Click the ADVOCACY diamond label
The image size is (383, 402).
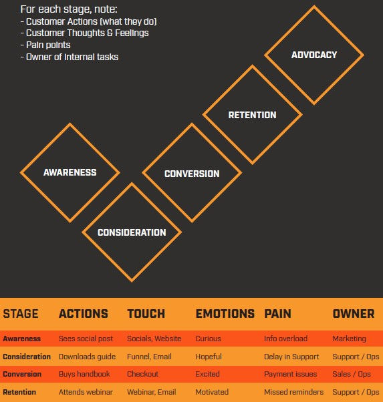point(314,55)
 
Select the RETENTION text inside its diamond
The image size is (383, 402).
point(253,115)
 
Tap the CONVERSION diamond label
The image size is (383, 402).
point(192,174)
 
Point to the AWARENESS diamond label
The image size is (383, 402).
point(70,172)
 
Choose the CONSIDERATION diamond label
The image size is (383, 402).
point(132,232)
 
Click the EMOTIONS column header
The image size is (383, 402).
point(225,314)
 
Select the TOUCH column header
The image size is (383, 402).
point(146,314)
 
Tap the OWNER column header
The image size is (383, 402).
point(354,314)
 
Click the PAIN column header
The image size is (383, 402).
point(278,314)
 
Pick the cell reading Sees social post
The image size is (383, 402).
point(86,339)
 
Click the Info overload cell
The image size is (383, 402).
point(285,339)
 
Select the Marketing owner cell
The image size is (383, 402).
point(349,339)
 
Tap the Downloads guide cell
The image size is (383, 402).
point(87,357)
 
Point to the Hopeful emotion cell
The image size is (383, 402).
point(209,357)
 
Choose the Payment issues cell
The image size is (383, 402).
point(290,374)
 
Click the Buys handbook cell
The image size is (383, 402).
point(84,374)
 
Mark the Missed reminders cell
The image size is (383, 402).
point(293,392)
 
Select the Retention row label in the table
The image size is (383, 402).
point(19,392)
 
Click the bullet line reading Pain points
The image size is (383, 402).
point(45,45)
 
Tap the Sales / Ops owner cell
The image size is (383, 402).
point(352,374)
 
